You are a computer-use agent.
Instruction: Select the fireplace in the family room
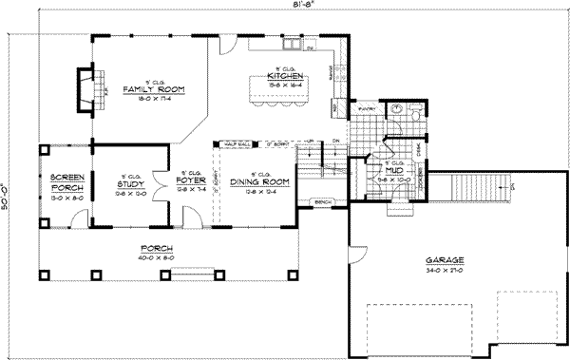coord(86,88)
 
